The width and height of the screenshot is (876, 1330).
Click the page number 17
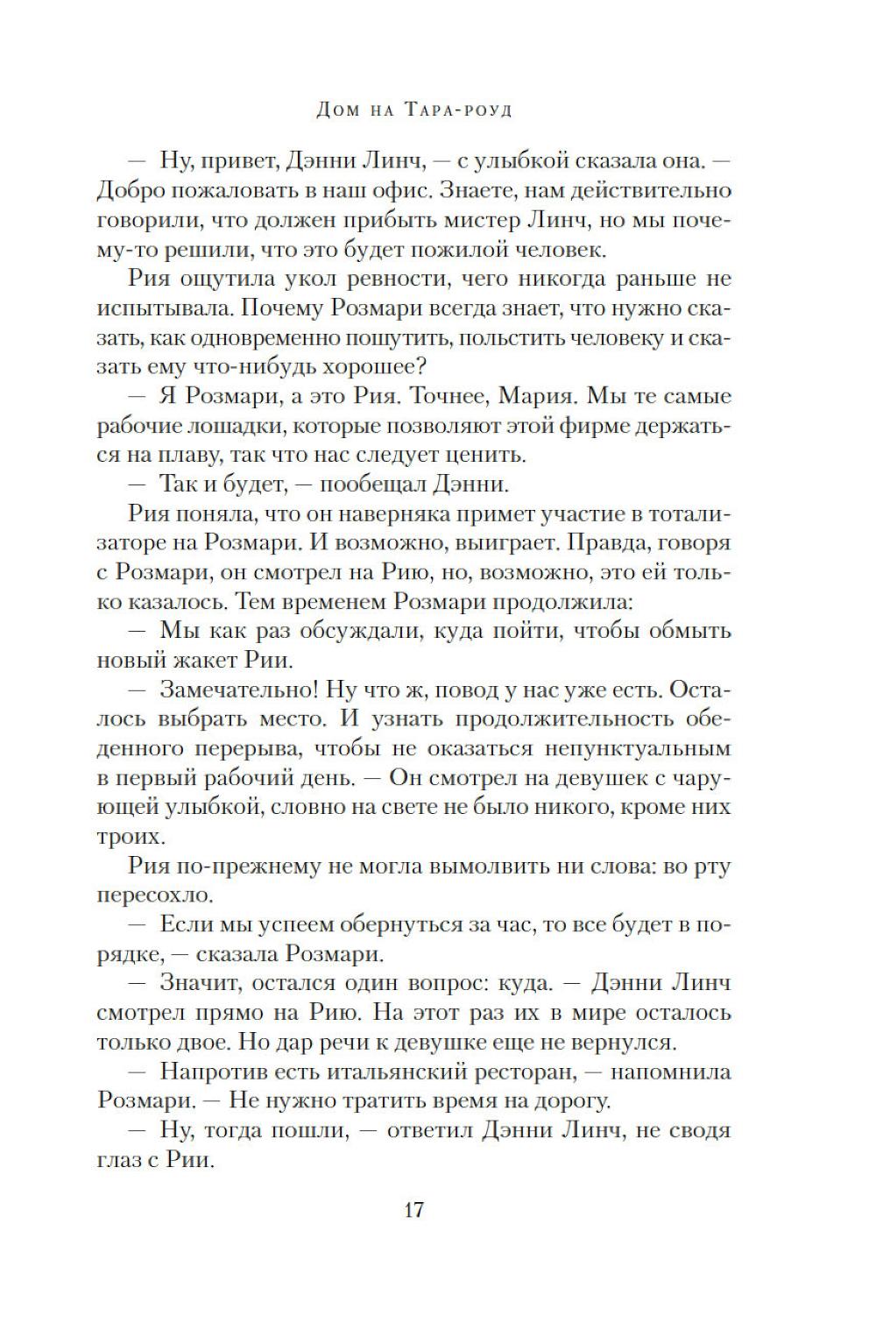[413, 1210]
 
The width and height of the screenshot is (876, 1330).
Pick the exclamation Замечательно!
[238, 690]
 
